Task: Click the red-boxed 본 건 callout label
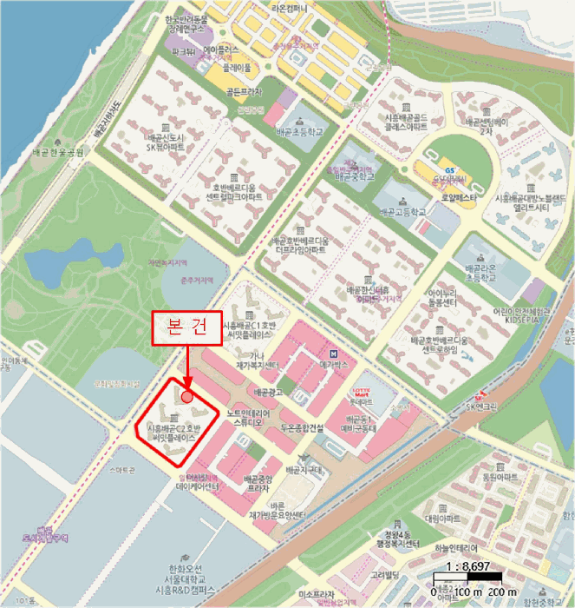[x=187, y=327]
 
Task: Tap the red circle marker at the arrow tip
[x=187, y=396]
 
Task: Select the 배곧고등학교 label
[x=396, y=211]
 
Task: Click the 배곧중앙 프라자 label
[x=258, y=484]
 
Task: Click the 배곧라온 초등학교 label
[x=484, y=274]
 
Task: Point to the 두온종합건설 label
[x=302, y=428]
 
